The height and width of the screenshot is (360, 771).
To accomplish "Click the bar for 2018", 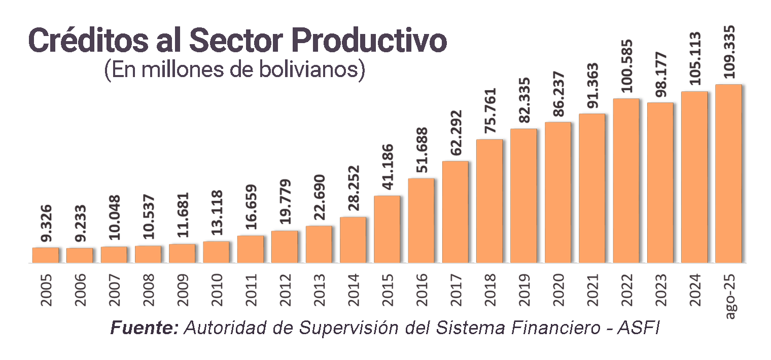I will [489, 201].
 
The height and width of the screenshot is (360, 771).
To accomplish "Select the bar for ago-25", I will [728, 173].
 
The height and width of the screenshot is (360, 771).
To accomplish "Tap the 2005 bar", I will [46, 255].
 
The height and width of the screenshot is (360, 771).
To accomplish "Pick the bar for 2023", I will [660, 183].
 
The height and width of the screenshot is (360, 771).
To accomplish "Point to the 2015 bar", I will [387, 229].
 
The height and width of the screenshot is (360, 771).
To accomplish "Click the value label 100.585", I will [627, 65].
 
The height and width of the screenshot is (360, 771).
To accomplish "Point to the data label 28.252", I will [354, 190].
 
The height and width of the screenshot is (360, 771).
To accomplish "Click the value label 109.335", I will [729, 51].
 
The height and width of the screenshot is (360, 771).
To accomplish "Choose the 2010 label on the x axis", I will [217, 290].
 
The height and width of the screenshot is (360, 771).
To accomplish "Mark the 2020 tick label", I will [558, 290].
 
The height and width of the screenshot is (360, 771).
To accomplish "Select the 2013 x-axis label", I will [320, 290].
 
